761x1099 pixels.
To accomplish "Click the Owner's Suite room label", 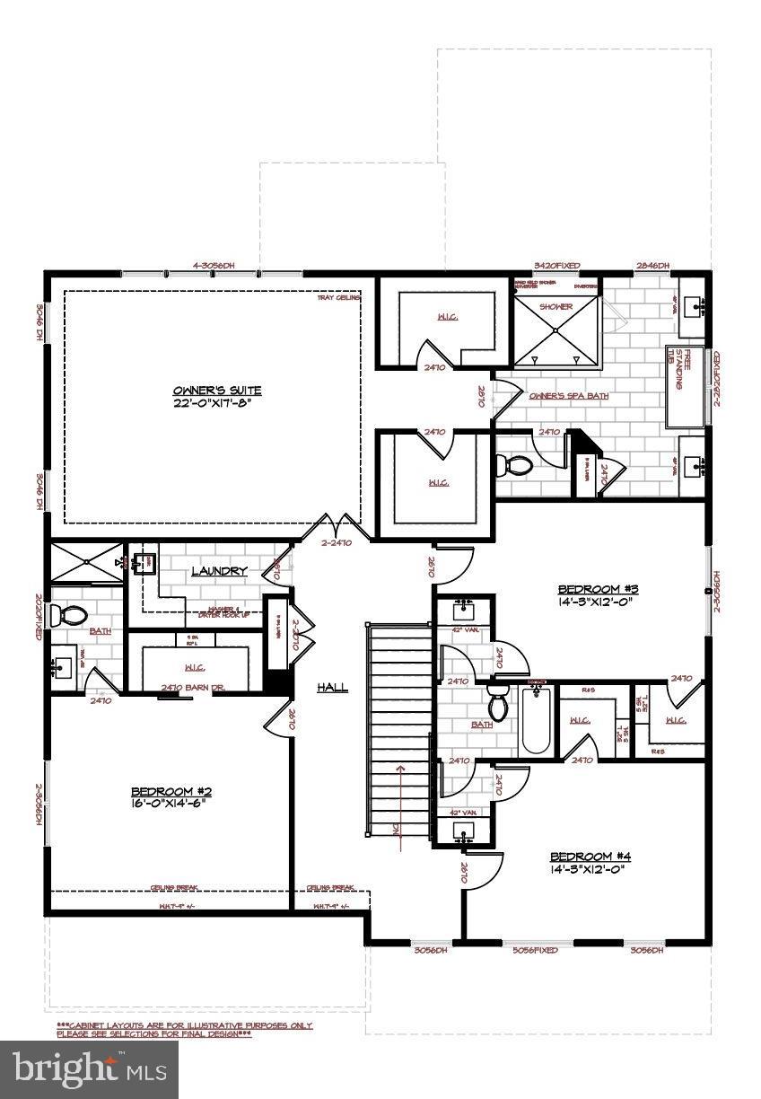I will click(x=216, y=396).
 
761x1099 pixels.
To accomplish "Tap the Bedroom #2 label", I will click(x=171, y=797).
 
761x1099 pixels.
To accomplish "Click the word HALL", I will click(x=332, y=687).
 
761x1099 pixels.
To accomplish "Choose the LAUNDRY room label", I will click(x=219, y=571).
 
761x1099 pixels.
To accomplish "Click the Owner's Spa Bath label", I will click(x=568, y=396).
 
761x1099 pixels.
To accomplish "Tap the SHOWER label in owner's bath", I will click(x=555, y=307).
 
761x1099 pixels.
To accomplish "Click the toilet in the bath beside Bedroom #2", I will click(x=69, y=616).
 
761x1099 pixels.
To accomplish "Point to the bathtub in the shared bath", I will click(x=535, y=718).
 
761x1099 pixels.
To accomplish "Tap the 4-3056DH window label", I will click(x=213, y=266).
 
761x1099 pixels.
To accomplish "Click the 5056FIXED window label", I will click(x=535, y=950).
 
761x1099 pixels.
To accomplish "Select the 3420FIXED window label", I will click(x=555, y=266).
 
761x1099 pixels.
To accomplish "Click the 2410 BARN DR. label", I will click(x=183, y=688).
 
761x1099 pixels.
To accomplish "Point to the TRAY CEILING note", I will click(x=337, y=298).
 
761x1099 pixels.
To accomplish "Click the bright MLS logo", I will click(x=90, y=1069).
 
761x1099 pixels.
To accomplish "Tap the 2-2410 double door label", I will click(x=336, y=542).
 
